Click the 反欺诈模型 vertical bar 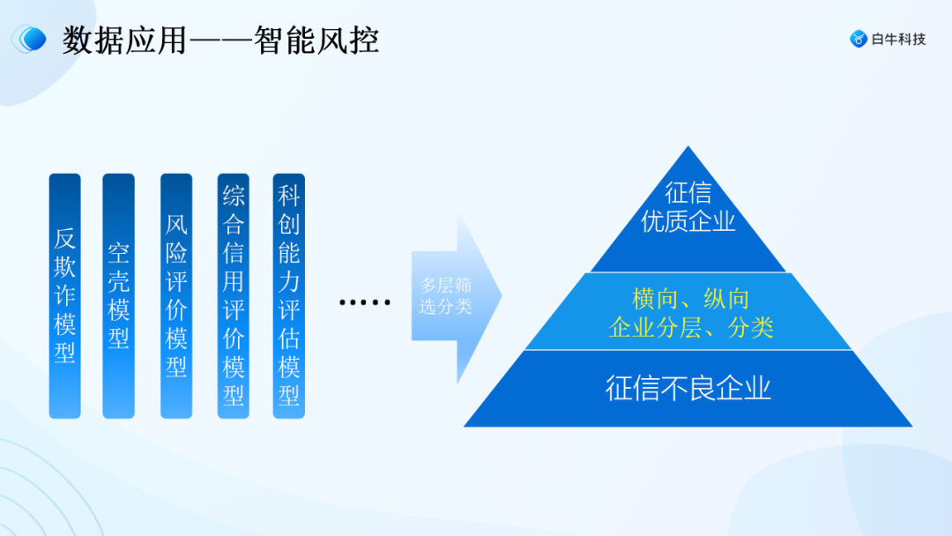point(65,296)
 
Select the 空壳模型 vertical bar point(119,296)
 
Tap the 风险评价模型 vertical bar point(176,296)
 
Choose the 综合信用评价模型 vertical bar point(234,296)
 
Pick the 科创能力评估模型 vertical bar point(289,296)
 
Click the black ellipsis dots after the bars point(365,302)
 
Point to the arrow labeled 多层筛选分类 point(450,296)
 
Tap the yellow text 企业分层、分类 point(691,328)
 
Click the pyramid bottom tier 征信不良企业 point(688,389)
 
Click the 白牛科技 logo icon point(858,39)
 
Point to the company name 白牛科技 point(898,39)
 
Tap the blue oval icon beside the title point(31,40)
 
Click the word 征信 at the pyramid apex point(688,192)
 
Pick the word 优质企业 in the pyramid point(688,221)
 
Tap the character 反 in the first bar point(65,238)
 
